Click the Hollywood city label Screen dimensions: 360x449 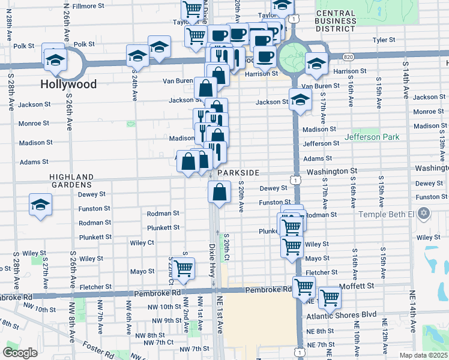pos(68,85)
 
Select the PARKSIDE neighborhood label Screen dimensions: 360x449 pos(238,173)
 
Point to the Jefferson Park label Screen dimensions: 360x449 pos(372,137)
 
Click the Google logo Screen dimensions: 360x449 pos(20,352)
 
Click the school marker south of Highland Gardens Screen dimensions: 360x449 pos(40,205)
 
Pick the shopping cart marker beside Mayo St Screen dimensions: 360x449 pos(183,268)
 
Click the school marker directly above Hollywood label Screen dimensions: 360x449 pos(55,59)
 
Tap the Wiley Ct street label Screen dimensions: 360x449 pos(142,243)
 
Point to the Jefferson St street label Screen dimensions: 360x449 pos(321,144)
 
